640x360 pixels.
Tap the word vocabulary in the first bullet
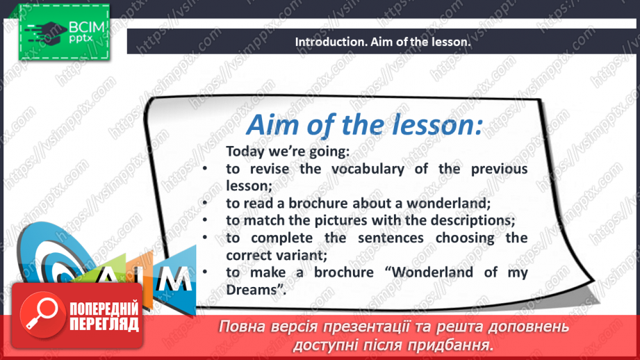point(368,169)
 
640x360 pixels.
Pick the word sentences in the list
point(391,238)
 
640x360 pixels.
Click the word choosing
point(465,238)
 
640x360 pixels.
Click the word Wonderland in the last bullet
point(432,272)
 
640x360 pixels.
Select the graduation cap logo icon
point(46,32)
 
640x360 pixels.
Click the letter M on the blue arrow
point(174,279)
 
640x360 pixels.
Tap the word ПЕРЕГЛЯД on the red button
point(104,324)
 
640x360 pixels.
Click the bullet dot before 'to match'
point(205,220)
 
